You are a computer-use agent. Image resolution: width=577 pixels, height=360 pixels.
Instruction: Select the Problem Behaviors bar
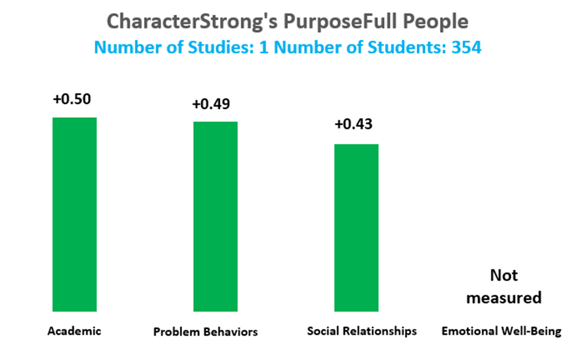[215, 217]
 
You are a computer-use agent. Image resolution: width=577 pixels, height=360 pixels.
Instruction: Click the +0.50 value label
[72, 100]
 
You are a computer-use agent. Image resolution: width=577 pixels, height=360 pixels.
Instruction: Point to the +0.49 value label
[212, 104]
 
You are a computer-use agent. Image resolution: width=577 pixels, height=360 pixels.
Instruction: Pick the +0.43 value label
[353, 124]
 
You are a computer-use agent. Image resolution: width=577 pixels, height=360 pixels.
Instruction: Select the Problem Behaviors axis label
[205, 332]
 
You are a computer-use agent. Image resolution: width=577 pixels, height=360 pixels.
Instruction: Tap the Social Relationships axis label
[362, 331]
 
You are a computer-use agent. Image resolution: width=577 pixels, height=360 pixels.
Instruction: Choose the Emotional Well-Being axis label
[502, 331]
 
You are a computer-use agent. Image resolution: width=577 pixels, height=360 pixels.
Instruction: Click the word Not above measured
[504, 275]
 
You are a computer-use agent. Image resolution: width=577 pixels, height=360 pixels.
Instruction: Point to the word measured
[504, 298]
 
